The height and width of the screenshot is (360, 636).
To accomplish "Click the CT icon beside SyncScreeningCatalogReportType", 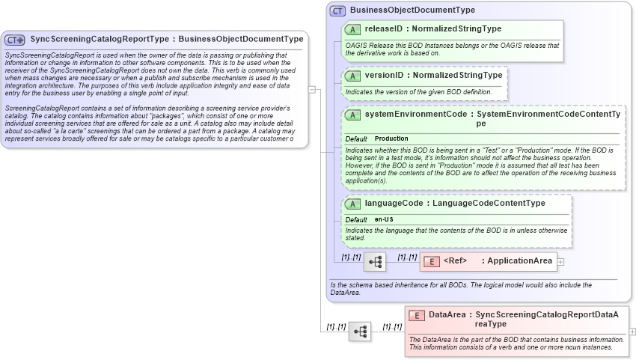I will [15, 40].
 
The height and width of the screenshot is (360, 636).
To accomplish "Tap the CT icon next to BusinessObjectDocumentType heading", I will [338, 10].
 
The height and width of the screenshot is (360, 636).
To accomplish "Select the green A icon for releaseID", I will [352, 29].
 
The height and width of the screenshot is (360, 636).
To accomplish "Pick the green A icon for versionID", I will [352, 76].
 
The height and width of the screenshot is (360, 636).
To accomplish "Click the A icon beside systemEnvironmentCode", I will [352, 115].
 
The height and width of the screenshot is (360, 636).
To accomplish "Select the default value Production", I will [391, 139].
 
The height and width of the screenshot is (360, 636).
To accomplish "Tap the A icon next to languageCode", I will [352, 204].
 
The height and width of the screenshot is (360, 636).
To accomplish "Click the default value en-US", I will [384, 219].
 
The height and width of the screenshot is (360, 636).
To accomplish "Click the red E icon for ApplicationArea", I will [431, 261].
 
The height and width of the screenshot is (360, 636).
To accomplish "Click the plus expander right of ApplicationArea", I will [561, 262].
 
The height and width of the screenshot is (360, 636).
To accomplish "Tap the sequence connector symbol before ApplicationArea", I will [376, 262].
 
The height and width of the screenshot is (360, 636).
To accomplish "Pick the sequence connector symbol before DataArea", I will [360, 330].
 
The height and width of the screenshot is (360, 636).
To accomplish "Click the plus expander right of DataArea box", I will [632, 331].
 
